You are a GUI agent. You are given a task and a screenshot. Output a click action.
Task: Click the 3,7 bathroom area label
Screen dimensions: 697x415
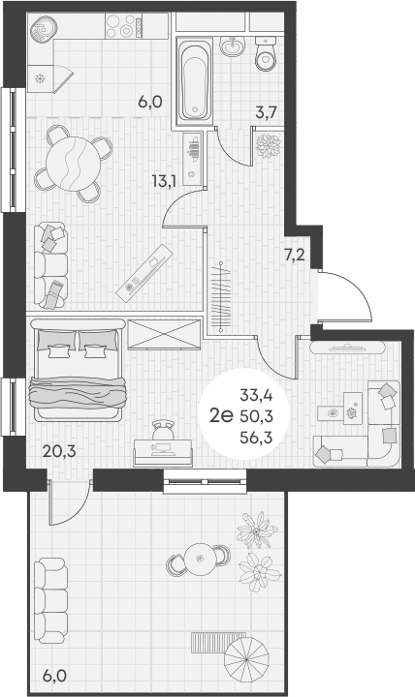[x=266, y=113]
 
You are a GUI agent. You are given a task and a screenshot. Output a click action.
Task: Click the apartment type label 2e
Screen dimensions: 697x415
[x=220, y=416]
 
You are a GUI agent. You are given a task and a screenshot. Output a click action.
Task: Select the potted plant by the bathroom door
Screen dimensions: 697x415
[x=268, y=143]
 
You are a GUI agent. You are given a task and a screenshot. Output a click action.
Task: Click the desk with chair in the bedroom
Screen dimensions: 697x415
[x=161, y=444]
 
